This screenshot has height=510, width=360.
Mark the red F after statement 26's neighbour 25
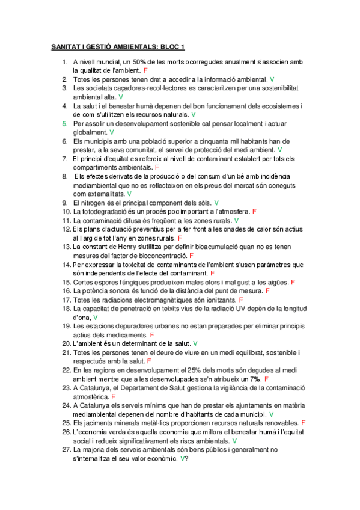pyautogui.click(x=303, y=423)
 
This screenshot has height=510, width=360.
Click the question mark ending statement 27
pyautogui.click(x=187, y=458)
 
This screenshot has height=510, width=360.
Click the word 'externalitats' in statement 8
pyautogui.click(x=105, y=194)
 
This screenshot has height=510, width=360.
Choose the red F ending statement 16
pyautogui.click(x=267, y=290)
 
